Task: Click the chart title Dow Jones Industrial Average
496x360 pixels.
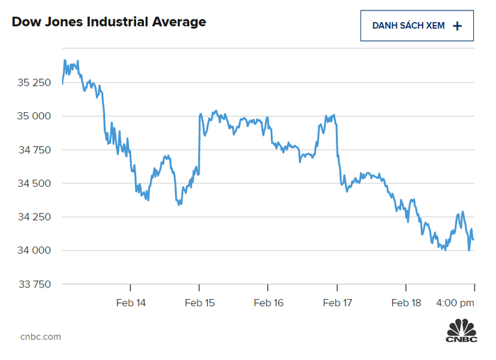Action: pyautogui.click(x=109, y=22)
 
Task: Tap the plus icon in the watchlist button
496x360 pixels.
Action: pyautogui.click(x=457, y=26)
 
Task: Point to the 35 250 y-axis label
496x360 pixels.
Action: pyautogui.click(x=32, y=82)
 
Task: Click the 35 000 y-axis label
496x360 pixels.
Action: pyautogui.click(x=32, y=116)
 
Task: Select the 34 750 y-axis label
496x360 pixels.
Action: pyautogui.click(x=32, y=150)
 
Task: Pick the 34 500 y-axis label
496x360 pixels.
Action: pyautogui.click(x=32, y=184)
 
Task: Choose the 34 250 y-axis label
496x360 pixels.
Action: pyautogui.click(x=32, y=217)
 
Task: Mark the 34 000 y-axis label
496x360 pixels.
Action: pyautogui.click(x=32, y=250)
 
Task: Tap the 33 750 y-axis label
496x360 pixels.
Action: pyautogui.click(x=32, y=284)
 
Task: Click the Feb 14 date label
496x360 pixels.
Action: pyautogui.click(x=131, y=303)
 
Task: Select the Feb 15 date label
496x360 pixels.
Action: pyautogui.click(x=200, y=303)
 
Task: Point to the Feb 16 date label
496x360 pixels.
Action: pyautogui.click(x=268, y=303)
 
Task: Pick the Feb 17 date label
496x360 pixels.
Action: pyautogui.click(x=337, y=303)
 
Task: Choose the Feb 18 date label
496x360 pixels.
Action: pyautogui.click(x=406, y=303)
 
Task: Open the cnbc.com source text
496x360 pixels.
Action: pyautogui.click(x=40, y=337)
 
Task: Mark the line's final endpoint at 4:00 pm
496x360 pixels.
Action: pyautogui.click(x=473, y=240)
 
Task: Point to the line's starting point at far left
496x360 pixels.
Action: pyautogui.click(x=62, y=84)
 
